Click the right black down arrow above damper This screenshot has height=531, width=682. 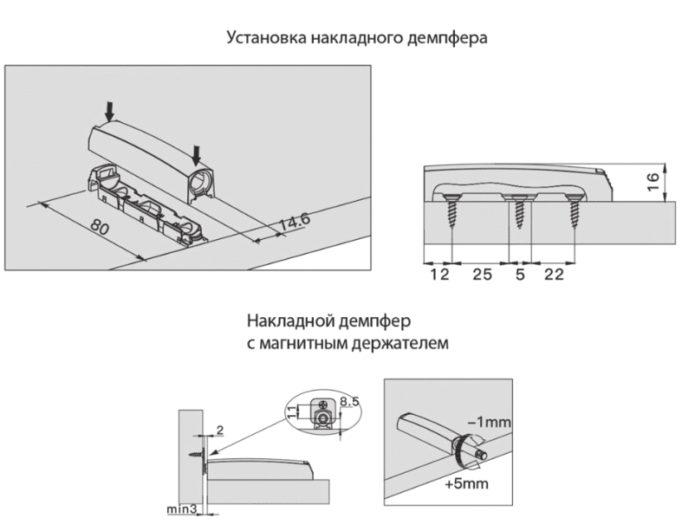197,153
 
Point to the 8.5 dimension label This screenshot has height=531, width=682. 349,401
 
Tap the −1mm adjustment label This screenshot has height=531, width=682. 489,423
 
